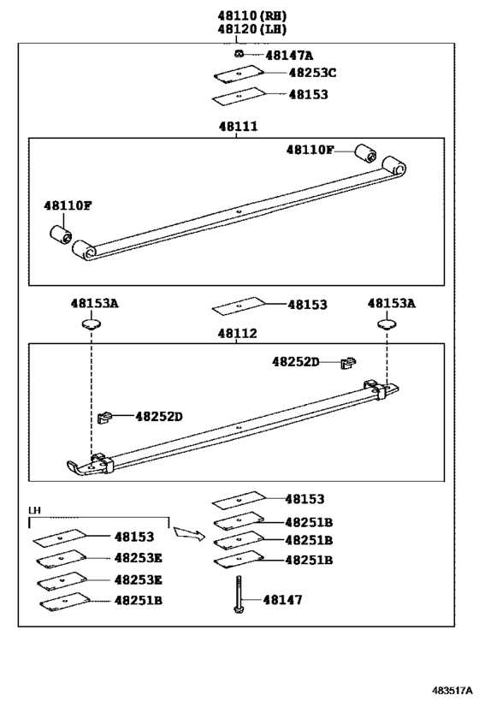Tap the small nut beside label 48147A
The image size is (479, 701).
[x=240, y=55]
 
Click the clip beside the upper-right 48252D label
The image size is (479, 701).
[x=347, y=363]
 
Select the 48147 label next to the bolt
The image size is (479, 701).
[x=282, y=600]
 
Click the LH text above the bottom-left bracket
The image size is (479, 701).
[x=34, y=510]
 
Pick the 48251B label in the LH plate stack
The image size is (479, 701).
[x=139, y=600]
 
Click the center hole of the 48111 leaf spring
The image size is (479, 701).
[x=240, y=211]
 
